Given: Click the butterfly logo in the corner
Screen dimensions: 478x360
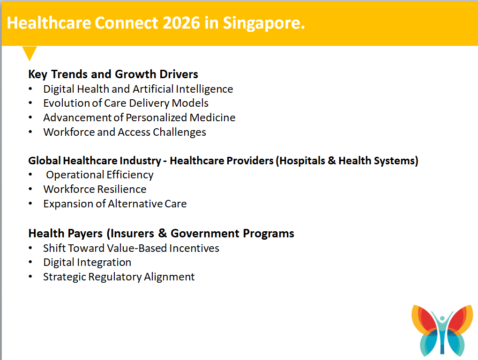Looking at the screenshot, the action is [442, 331].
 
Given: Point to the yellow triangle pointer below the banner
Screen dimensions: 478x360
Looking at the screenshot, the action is [30, 53].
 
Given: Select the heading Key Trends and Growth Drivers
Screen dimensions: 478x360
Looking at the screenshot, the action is [113, 74].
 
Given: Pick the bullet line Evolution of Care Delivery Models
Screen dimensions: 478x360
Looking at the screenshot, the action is [126, 103].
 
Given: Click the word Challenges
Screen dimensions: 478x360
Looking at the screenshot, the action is [179, 132].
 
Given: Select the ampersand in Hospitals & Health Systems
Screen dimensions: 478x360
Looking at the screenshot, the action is [332, 161].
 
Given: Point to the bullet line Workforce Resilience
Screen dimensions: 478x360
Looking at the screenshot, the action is [95, 190].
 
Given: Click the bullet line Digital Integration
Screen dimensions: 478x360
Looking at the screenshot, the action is [87, 263].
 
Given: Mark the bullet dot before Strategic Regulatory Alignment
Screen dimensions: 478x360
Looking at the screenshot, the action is [30, 277].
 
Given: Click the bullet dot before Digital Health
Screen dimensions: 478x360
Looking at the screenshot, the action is [30, 88].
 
